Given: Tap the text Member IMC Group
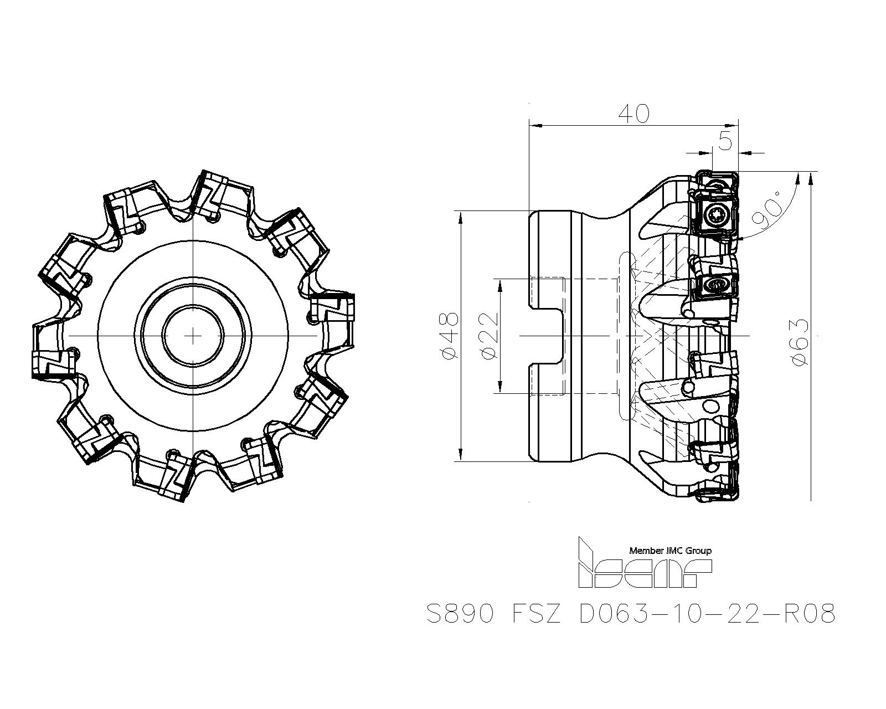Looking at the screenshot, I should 670,551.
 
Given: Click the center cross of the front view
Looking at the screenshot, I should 193,336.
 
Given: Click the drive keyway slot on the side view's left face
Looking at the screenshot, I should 545,336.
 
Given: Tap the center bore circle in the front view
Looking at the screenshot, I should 193,336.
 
